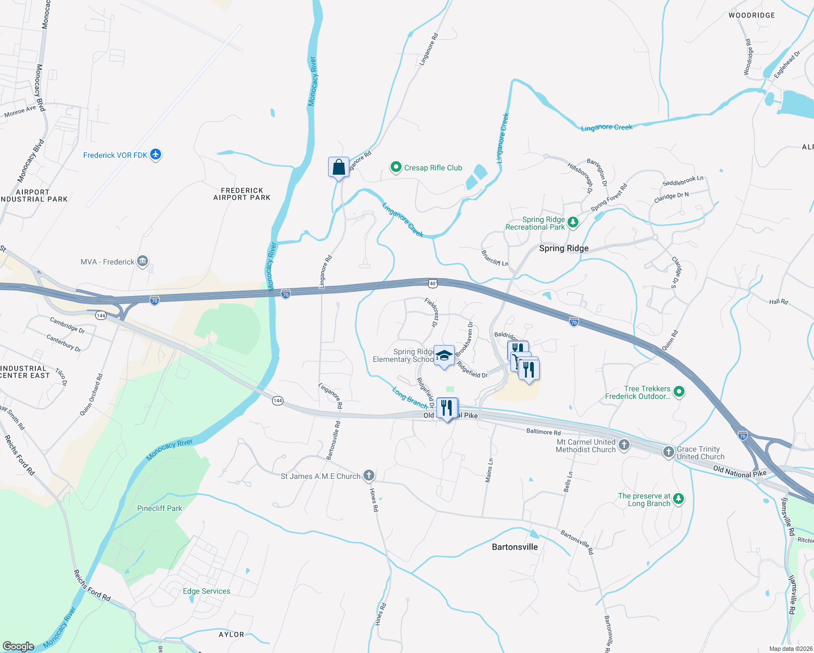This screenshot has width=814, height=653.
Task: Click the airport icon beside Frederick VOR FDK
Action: [156, 155]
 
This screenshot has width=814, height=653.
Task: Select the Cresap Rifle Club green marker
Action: [396, 168]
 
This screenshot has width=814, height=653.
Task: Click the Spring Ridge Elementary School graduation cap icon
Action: [445, 356]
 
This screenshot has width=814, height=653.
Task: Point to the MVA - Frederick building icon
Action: [143, 262]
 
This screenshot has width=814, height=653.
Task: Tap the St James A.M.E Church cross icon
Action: [368, 476]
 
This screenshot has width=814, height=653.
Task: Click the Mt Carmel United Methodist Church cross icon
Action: [624, 445]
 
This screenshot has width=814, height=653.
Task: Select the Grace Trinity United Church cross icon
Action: [669, 452]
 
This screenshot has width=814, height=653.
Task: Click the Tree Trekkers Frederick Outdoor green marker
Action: [679, 391]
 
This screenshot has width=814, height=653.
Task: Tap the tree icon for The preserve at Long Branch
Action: [678, 498]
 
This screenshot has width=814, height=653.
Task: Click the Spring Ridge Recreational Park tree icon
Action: [572, 222]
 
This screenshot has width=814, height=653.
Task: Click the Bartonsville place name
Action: [515, 547]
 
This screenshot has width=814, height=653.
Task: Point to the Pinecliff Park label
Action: [159, 508]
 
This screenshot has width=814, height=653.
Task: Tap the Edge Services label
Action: [206, 591]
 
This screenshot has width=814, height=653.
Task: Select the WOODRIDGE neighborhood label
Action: [751, 15]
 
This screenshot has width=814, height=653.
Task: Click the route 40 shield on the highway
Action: [433, 284]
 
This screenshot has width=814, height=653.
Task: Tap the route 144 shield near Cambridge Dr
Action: [101, 316]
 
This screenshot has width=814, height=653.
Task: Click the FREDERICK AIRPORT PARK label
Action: [242, 194]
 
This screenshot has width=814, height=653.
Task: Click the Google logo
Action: [18, 646]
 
